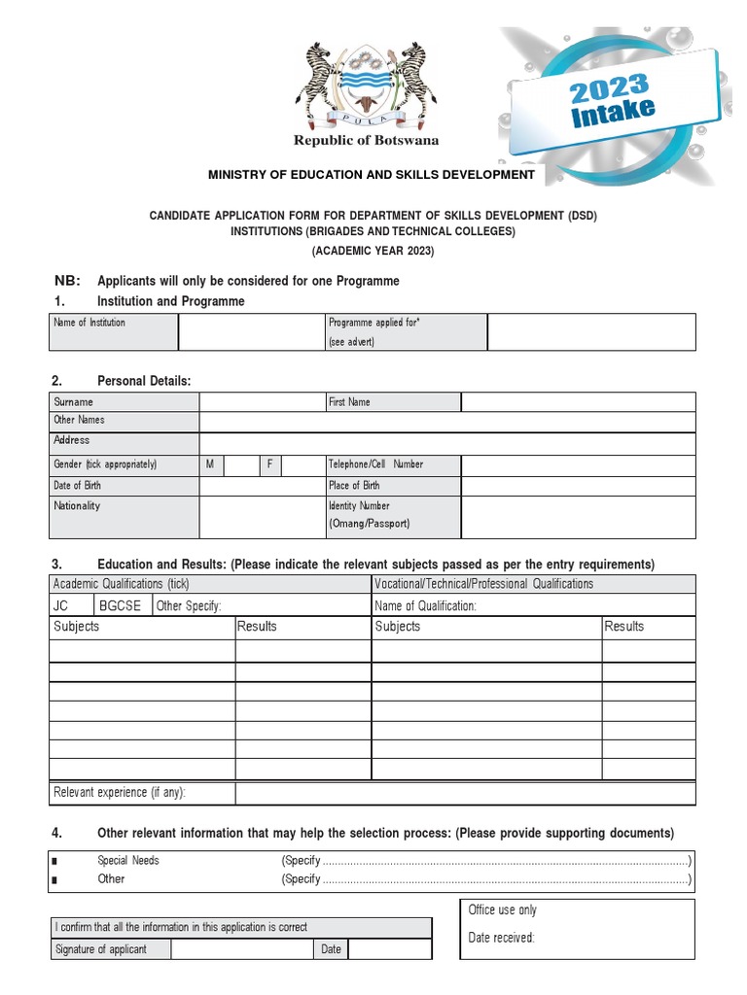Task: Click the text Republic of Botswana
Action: (x=367, y=141)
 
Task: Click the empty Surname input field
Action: (x=262, y=401)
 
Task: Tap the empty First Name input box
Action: (x=578, y=401)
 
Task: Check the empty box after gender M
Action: (x=240, y=464)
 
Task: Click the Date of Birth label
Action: (x=78, y=485)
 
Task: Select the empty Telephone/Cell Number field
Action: (x=578, y=464)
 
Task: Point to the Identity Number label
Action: (x=360, y=505)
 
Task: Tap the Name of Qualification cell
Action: (x=533, y=605)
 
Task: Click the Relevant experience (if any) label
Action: (x=120, y=793)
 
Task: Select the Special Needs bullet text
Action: (x=128, y=861)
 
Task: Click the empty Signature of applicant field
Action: (x=242, y=948)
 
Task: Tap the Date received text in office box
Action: (x=502, y=938)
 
